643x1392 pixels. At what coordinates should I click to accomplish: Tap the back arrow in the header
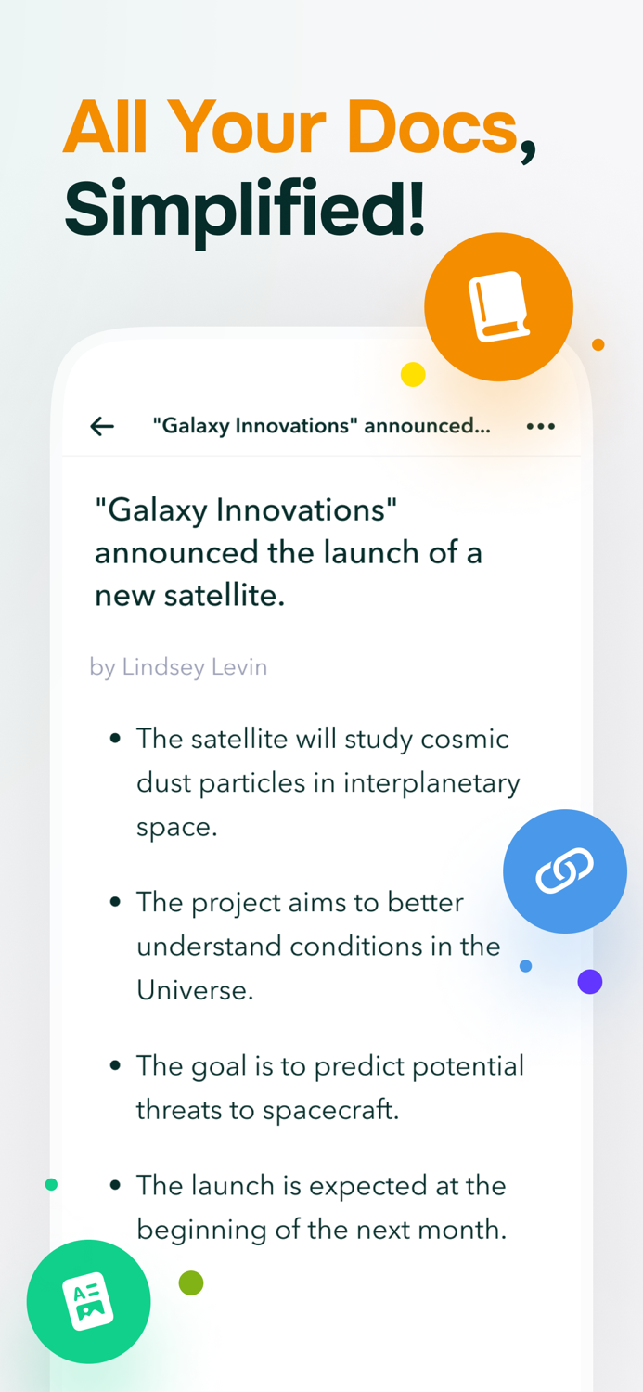(x=102, y=426)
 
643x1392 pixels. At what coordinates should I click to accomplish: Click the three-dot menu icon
(x=540, y=426)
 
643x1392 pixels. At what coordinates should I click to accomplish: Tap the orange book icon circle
(x=499, y=306)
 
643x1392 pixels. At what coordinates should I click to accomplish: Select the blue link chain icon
(x=565, y=871)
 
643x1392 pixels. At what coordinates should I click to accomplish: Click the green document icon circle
(x=89, y=1301)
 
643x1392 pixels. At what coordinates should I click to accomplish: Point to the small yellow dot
(x=413, y=374)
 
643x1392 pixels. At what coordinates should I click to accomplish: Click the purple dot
(x=590, y=981)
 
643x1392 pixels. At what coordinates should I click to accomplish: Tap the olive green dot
(x=191, y=1283)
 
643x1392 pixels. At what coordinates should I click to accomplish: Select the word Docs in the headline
(x=431, y=127)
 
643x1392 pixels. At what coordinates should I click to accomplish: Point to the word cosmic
(x=465, y=739)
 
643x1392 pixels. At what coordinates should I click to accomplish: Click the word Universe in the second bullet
(x=195, y=990)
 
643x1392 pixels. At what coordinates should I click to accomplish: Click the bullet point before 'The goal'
(x=115, y=1065)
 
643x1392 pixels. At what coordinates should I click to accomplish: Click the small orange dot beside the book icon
(x=598, y=344)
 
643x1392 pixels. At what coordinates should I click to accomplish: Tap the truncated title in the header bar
(x=321, y=426)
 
